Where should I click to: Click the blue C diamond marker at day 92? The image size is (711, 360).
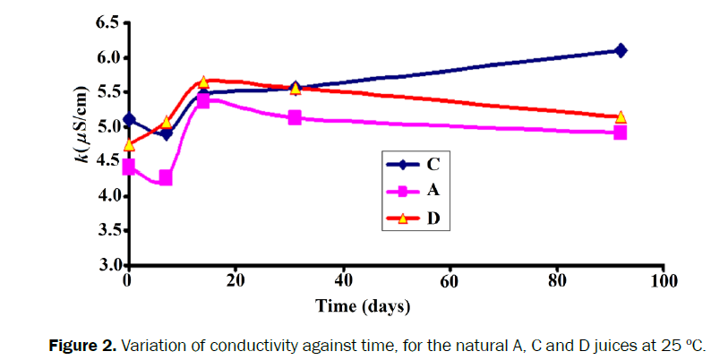coord(620,50)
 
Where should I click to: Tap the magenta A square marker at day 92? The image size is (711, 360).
coord(620,133)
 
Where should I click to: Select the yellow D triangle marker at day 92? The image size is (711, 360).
coord(620,117)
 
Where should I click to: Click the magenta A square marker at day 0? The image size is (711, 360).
coord(129,167)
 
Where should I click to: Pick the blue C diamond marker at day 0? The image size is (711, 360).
coord(129,119)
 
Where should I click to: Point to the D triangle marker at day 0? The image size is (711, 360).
coord(129,144)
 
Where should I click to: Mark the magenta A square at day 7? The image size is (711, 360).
coord(166,177)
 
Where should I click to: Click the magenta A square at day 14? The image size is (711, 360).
coord(203,101)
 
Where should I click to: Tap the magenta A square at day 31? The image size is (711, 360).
coord(295,117)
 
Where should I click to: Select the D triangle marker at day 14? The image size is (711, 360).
coord(203,82)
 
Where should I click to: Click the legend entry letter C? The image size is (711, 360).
coord(433,164)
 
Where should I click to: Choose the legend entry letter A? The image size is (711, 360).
coord(433,191)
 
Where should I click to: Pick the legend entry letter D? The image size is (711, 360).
coord(433,219)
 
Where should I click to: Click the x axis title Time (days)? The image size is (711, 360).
coord(363,306)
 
